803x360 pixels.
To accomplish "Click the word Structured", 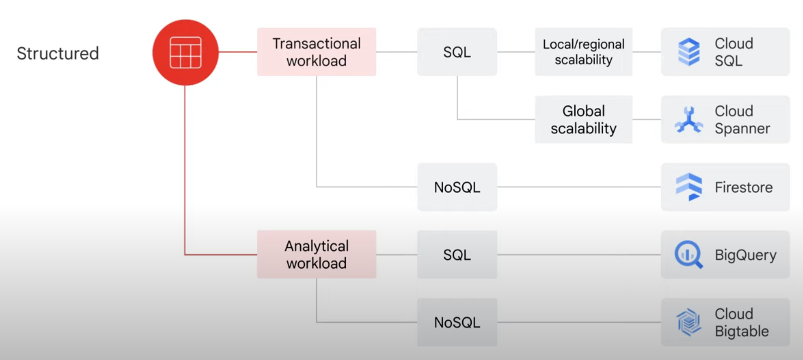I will coord(58,53).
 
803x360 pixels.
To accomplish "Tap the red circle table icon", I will coord(185,52).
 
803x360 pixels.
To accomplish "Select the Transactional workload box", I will coord(316,52).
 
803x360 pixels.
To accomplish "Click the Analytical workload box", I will coord(316,254).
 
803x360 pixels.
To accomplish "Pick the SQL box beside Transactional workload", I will coord(457,52).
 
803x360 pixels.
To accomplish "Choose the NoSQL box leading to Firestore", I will coord(457,187).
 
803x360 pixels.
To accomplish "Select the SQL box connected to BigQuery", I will coord(457,255).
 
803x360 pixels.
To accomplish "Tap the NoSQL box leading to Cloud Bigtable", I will coord(457,322).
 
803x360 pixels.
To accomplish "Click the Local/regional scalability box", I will coord(583,52).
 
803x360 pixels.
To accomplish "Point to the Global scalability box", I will coord(583,120).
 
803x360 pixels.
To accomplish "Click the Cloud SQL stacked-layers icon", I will coord(689,52).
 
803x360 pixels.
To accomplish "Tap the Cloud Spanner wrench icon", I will coord(689,120).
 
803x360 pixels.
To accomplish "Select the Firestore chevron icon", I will coord(689,187).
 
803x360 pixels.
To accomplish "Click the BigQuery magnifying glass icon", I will coord(688,255).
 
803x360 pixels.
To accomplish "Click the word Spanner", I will coord(742,129).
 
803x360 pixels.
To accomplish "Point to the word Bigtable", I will coord(741,331).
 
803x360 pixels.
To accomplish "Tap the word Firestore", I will coord(744,187).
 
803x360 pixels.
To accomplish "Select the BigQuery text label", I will coord(746,255).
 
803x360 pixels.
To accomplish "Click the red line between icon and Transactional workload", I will coord(238,52).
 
